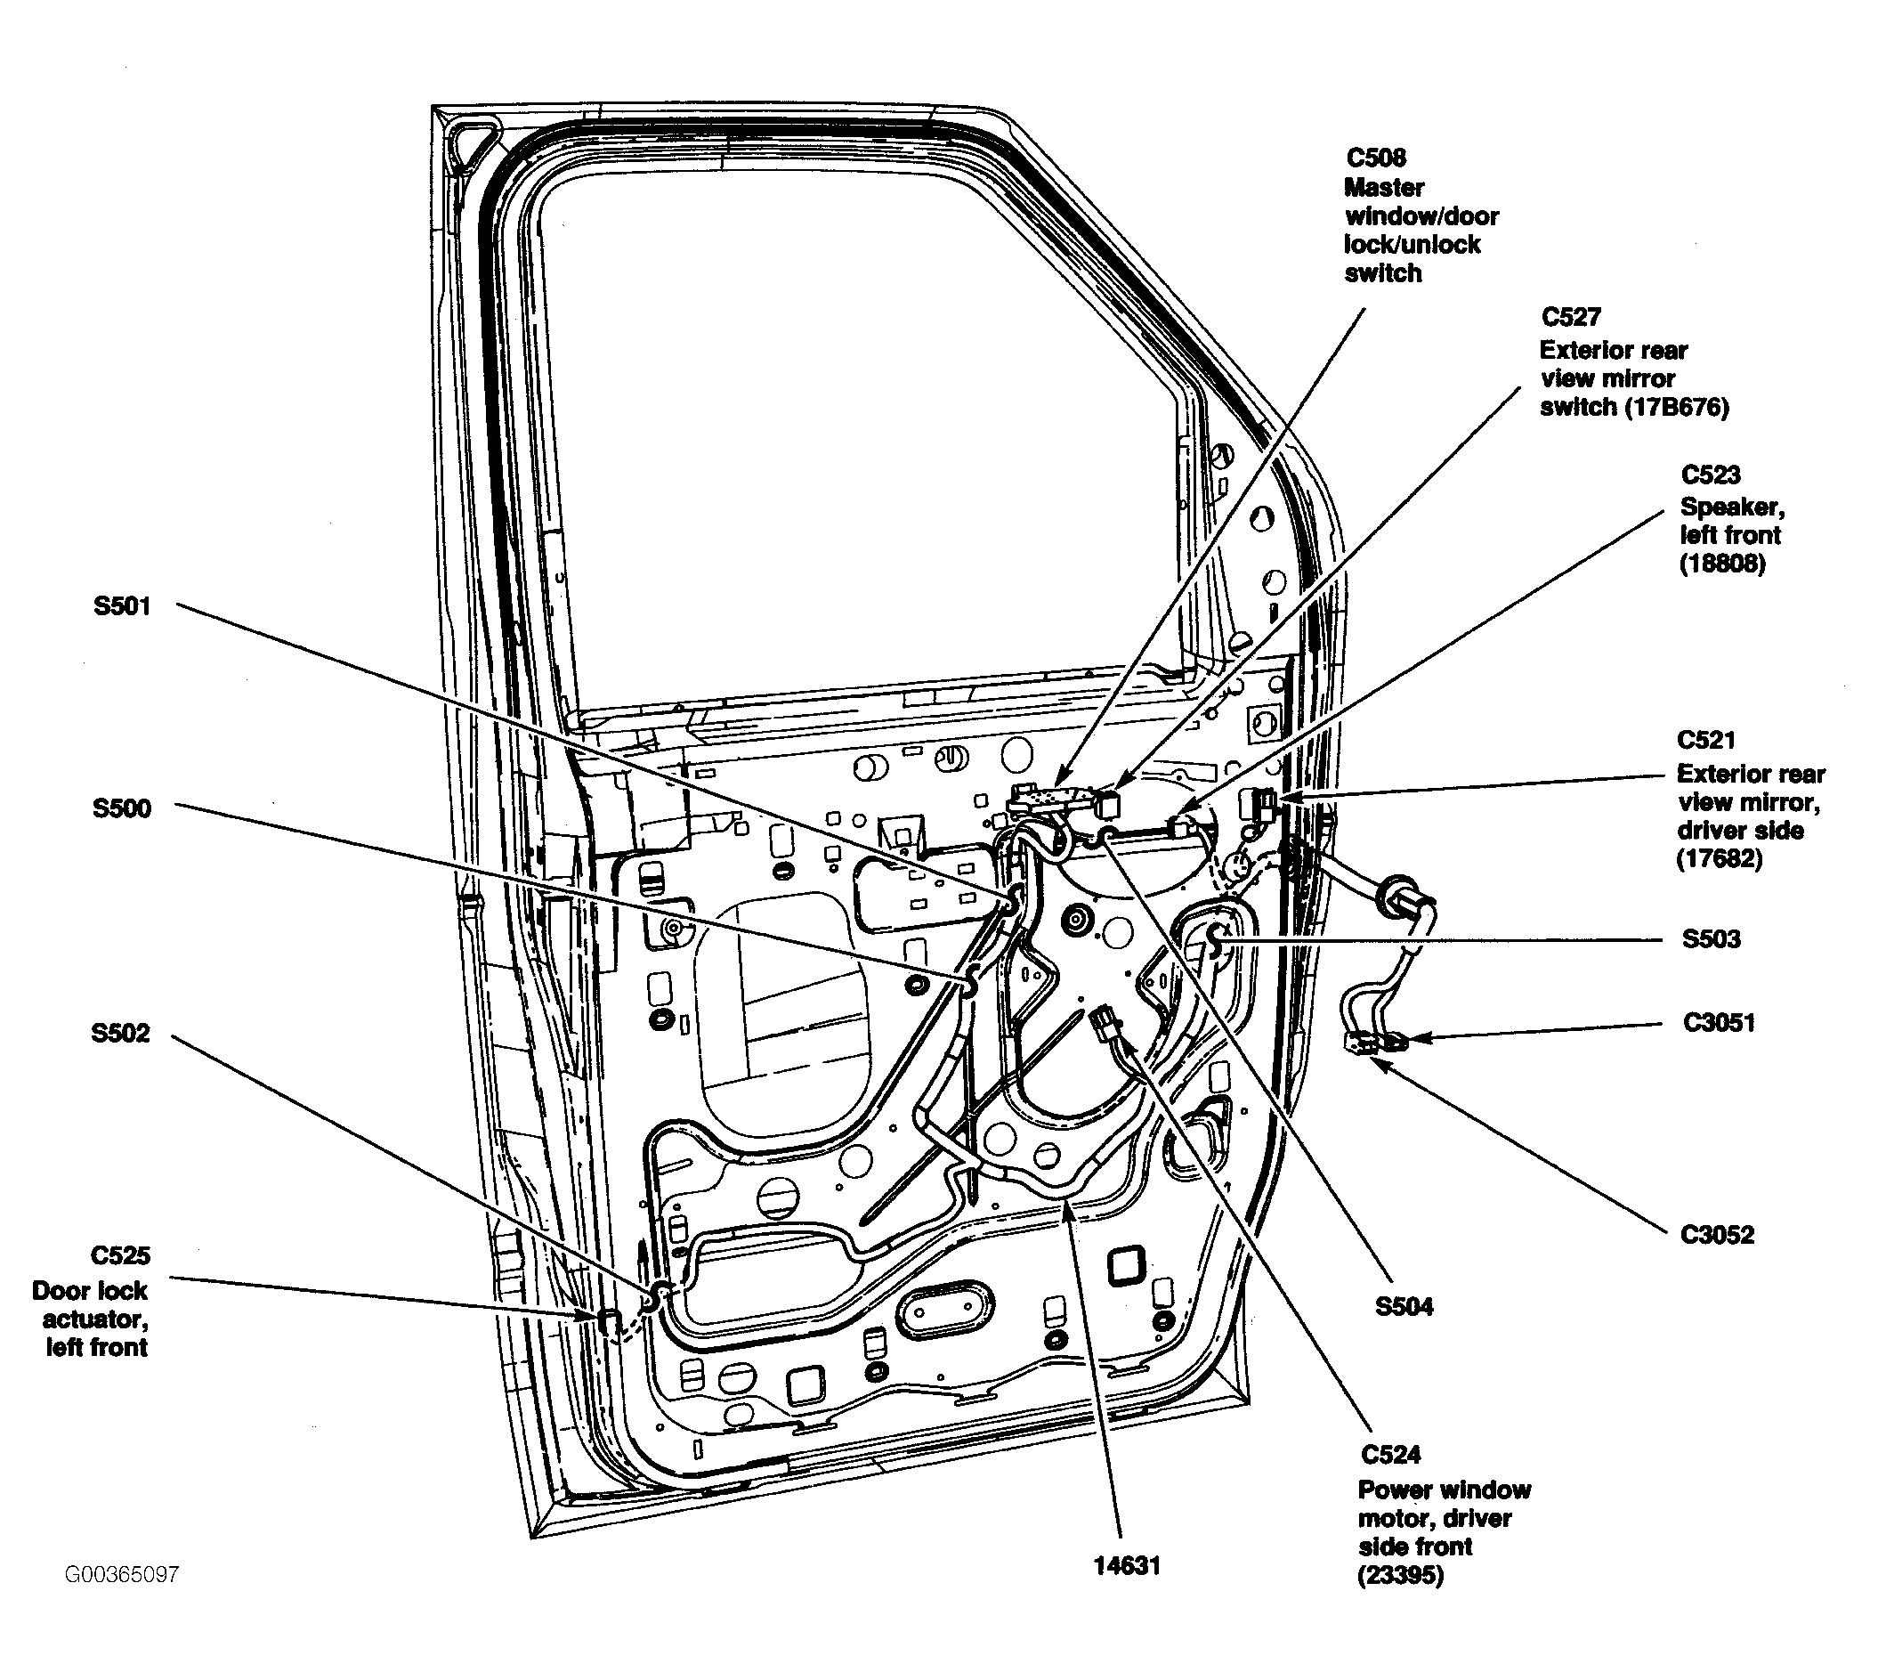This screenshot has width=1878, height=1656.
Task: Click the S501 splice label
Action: click(122, 606)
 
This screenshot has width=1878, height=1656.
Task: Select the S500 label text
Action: click(122, 808)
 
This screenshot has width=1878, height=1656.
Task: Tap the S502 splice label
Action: click(120, 1033)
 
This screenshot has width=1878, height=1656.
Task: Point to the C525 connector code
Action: click(120, 1255)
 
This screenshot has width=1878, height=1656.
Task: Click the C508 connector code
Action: click(1376, 158)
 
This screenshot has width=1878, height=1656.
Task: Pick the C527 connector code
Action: click(1571, 317)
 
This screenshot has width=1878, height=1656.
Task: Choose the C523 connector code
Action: click(1711, 475)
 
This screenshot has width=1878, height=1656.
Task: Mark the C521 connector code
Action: click(1706, 740)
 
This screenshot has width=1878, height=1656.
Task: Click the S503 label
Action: click(1712, 939)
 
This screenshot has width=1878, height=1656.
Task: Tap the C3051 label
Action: click(1719, 1023)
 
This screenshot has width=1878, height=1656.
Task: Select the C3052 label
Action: click(1717, 1234)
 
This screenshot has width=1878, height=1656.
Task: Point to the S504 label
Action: click(1404, 1306)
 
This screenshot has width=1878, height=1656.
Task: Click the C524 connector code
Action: click(1391, 1455)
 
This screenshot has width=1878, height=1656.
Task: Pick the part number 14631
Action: click(1128, 1565)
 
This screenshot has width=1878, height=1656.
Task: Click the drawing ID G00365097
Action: click(122, 1574)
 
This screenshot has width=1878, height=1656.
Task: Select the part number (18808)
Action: click(1723, 564)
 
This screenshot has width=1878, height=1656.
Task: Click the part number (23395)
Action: click(1401, 1576)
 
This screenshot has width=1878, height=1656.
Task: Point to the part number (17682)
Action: click(1720, 859)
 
